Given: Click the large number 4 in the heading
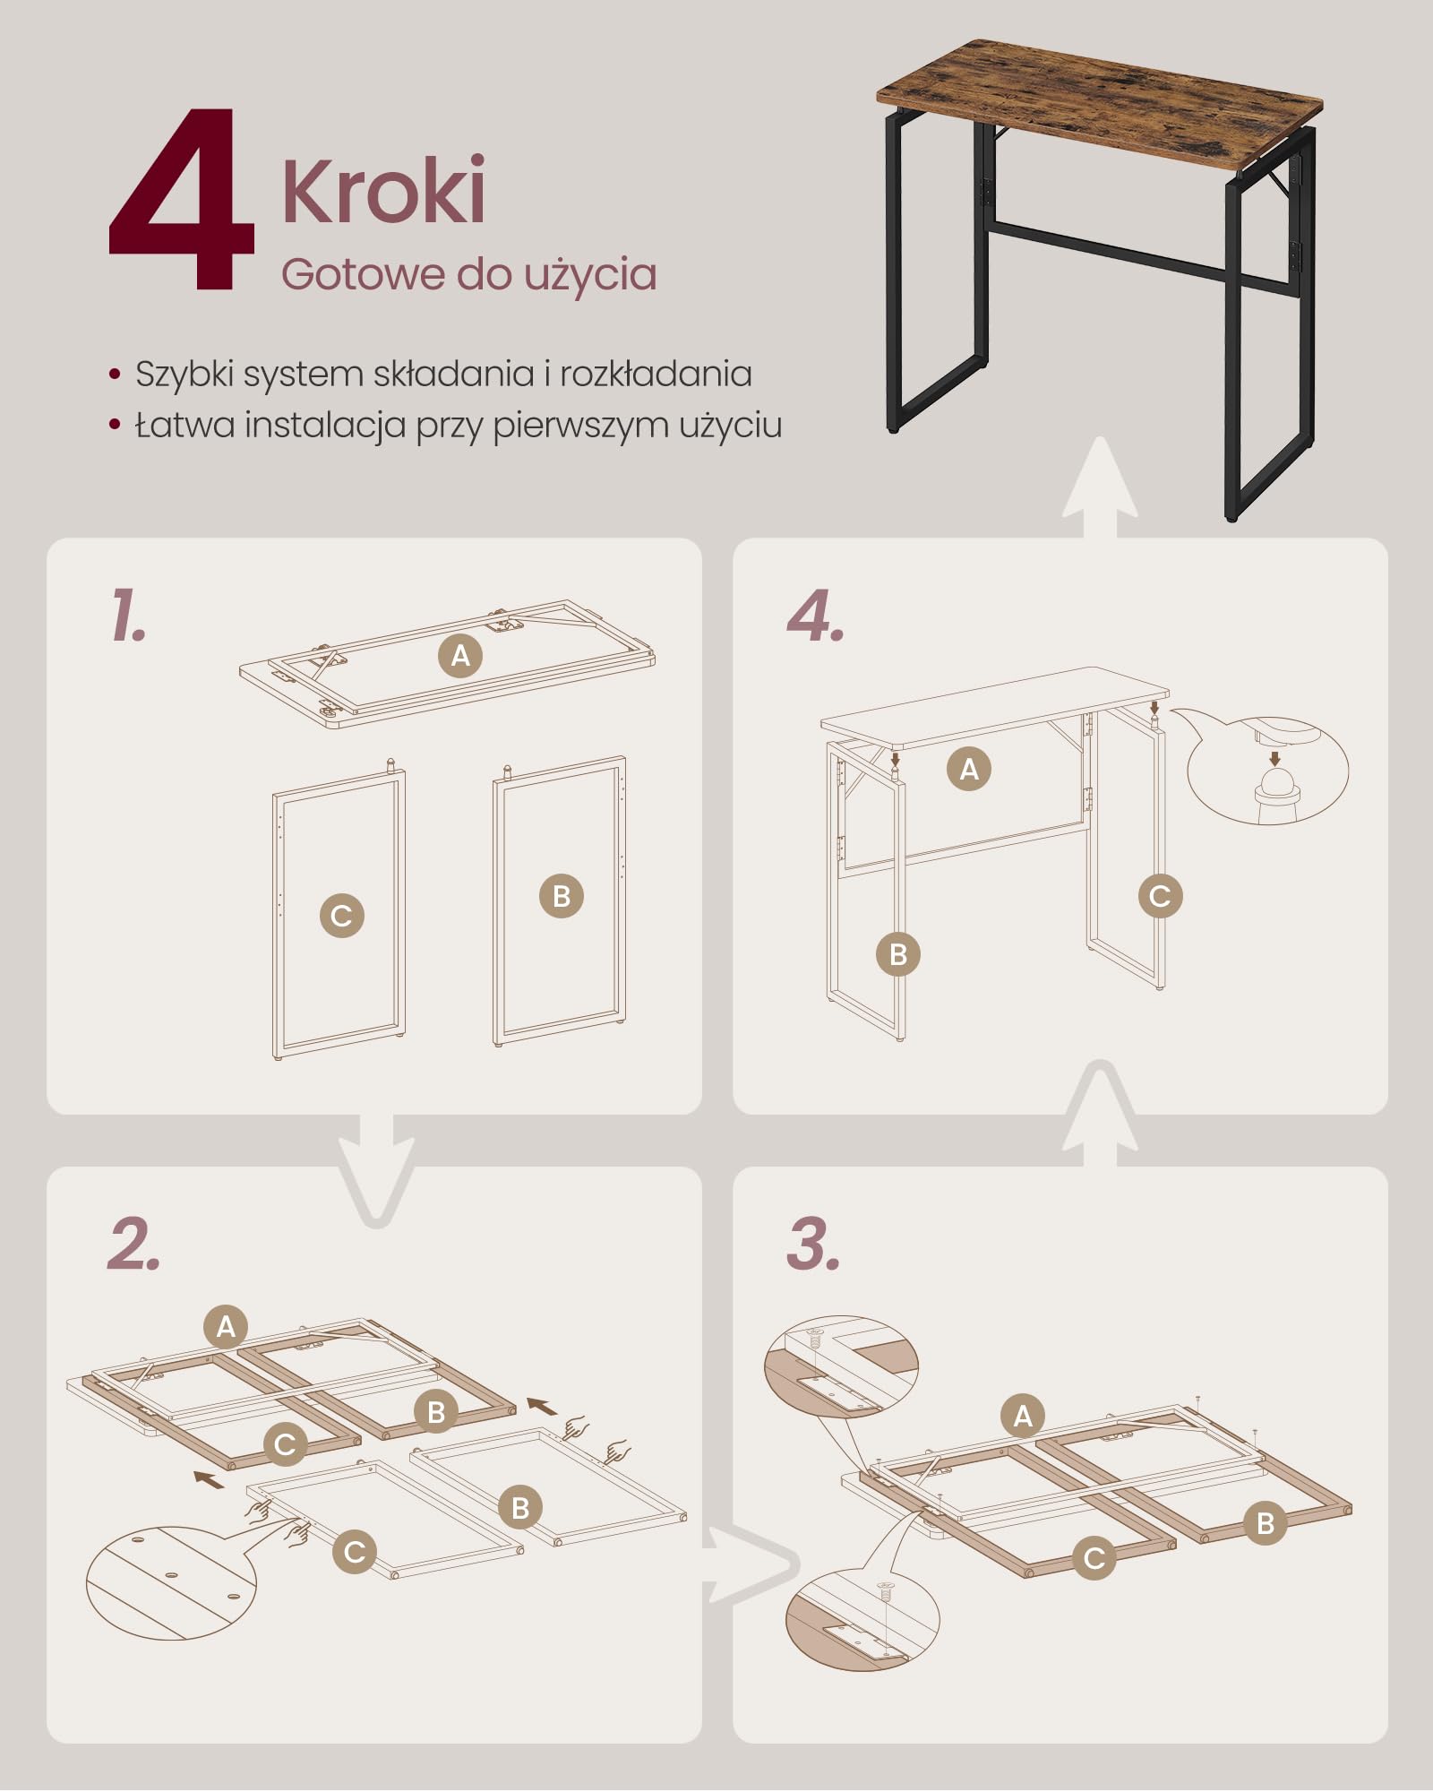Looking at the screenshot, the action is pyautogui.click(x=182, y=199).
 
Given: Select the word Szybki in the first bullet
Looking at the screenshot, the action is pyautogui.click(x=184, y=375).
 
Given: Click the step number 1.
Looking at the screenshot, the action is pyautogui.click(x=128, y=615).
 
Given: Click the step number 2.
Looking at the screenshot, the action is pyautogui.click(x=134, y=1244).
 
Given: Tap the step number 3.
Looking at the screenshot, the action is pyautogui.click(x=814, y=1244).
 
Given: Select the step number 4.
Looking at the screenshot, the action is pyautogui.click(x=815, y=616).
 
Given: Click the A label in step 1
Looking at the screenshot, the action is pyautogui.click(x=460, y=656).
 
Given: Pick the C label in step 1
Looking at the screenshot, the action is pyautogui.click(x=342, y=916).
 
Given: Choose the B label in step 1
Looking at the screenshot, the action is pyautogui.click(x=562, y=896).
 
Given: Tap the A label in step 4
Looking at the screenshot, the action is pyautogui.click(x=969, y=769).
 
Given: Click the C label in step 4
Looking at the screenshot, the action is pyautogui.click(x=1160, y=896).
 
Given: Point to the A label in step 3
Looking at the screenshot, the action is pyautogui.click(x=1023, y=1416).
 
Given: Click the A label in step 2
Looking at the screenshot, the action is pyautogui.click(x=226, y=1326).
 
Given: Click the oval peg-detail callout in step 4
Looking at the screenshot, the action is pyautogui.click(x=1267, y=769).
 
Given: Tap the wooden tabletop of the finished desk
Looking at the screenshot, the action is pyautogui.click(x=1100, y=105).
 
